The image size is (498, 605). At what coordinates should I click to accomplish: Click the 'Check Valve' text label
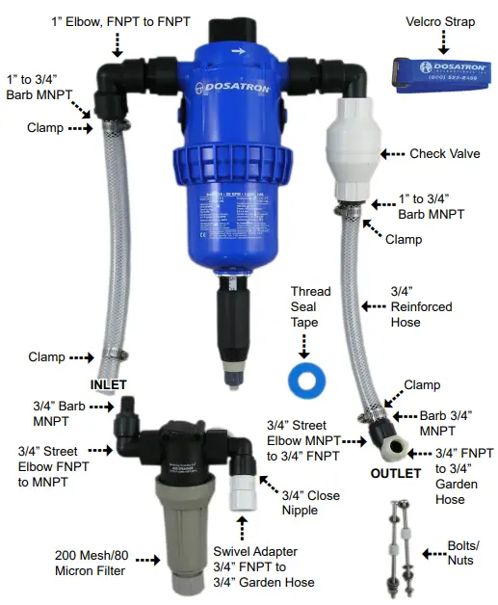tap(445, 154)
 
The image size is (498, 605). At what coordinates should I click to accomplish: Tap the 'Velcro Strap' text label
tap(441, 20)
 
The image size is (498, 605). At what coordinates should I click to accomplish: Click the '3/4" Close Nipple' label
tap(311, 503)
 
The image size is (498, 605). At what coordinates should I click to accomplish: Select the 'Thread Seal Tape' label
tap(310, 307)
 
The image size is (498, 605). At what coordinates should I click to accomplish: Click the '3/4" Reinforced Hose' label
tap(419, 305)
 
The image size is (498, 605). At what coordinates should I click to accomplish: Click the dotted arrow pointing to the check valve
tap(392, 154)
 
